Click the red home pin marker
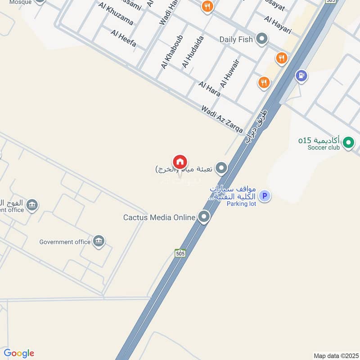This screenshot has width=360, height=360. point(180,162)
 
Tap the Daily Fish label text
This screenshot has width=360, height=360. point(236,40)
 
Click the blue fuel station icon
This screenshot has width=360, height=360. point(301,75)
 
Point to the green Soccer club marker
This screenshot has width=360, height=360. point(348,144)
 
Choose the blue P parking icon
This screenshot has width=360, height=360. point(265,196)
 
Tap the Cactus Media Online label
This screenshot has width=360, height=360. point(159,217)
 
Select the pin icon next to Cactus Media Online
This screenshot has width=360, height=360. point(204,217)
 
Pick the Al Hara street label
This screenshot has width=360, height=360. point(209,89)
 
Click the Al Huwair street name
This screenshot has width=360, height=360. point(229,73)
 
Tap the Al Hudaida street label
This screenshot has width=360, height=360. point(193,52)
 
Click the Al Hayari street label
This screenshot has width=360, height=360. point(278,26)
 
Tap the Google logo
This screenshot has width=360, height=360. point(19,353)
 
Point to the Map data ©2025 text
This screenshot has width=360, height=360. point(335,356)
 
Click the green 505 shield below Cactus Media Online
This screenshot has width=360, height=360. point(180,252)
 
